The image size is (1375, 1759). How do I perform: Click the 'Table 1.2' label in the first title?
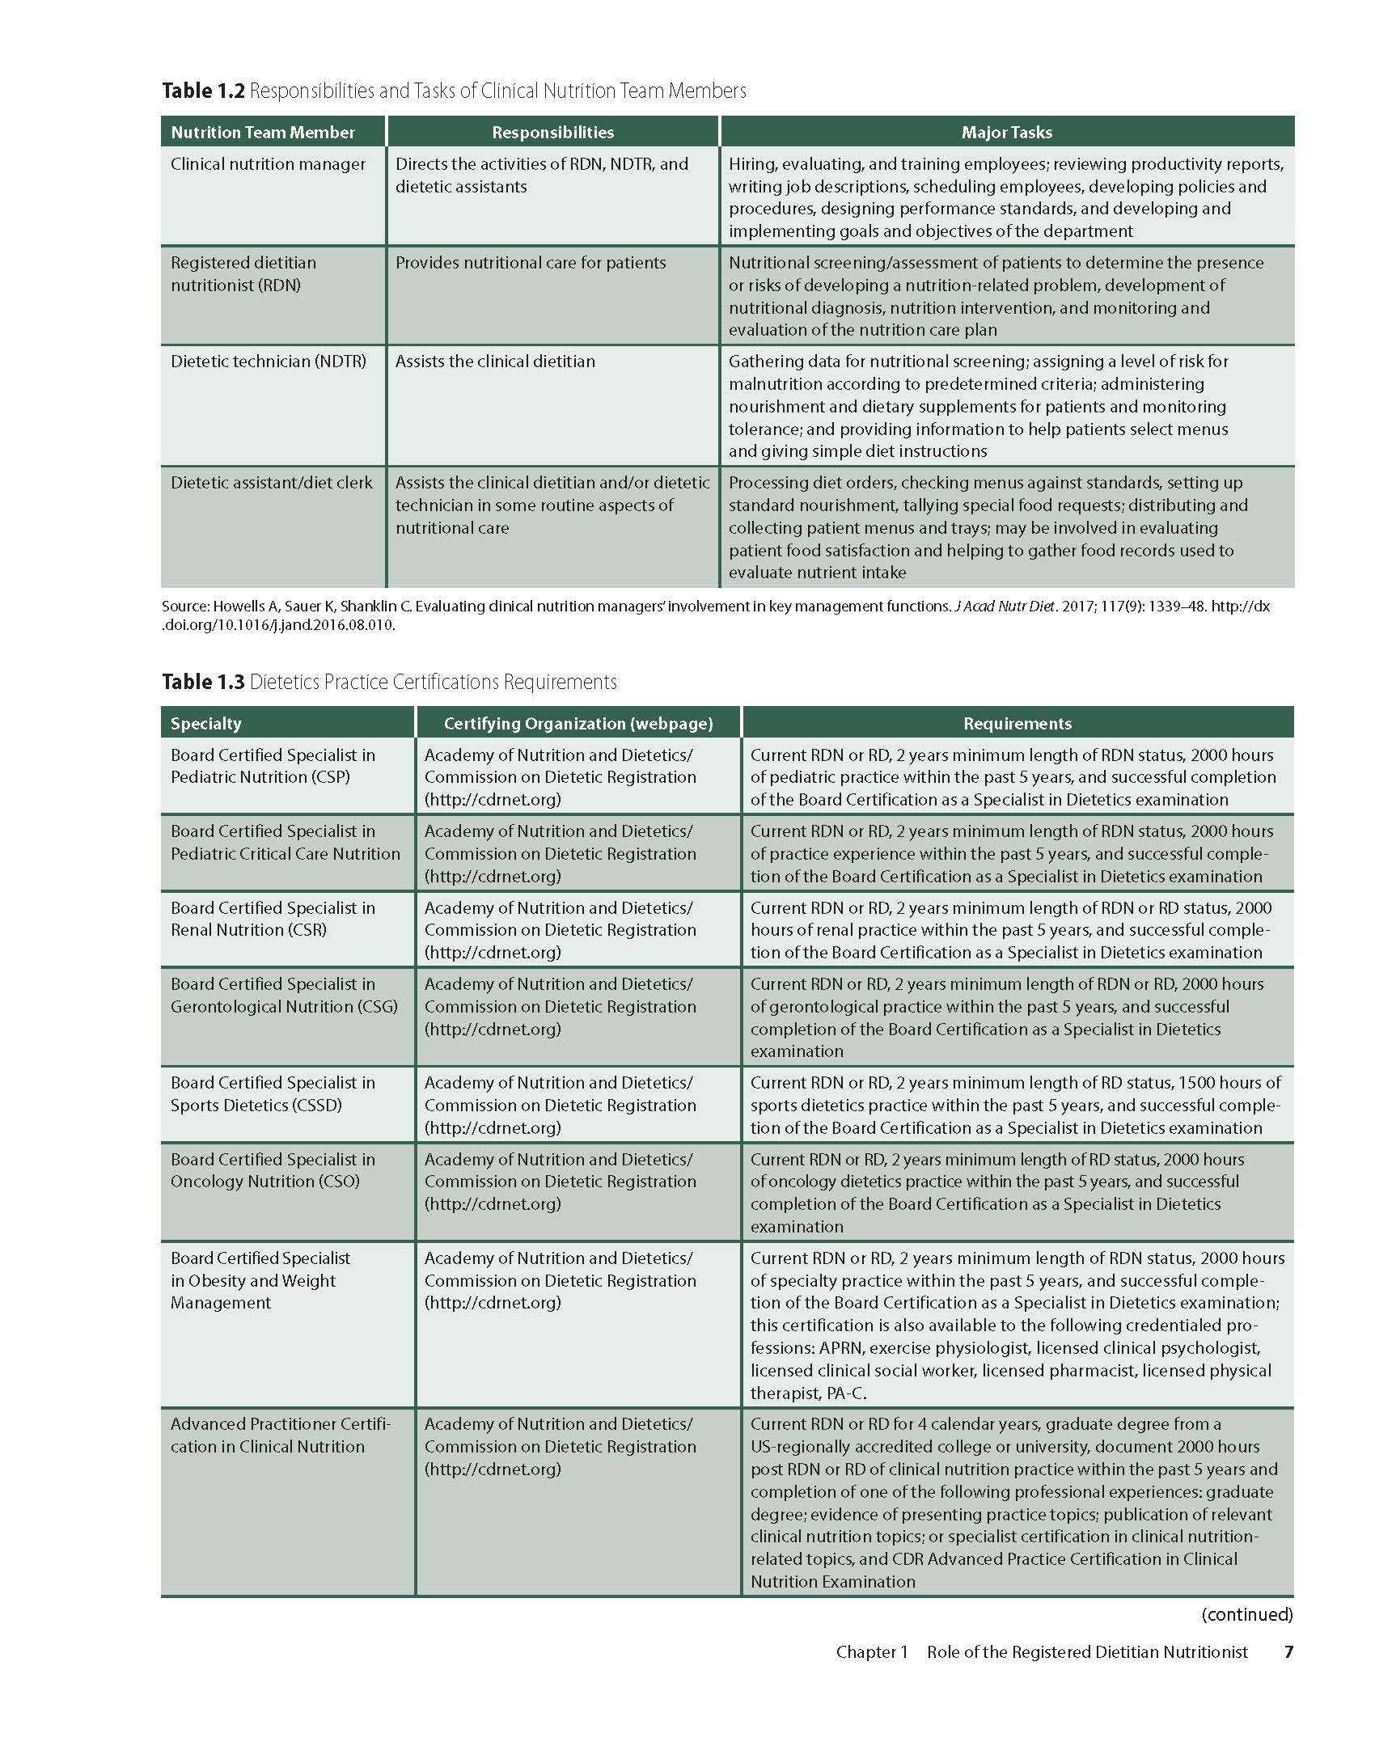coord(202,91)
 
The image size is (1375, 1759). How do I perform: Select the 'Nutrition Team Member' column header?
coord(263,133)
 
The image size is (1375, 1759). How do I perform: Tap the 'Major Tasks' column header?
coord(1006,133)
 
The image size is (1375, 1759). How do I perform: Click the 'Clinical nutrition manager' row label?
coord(268,164)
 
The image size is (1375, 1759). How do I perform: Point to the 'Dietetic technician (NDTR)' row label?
coord(268,362)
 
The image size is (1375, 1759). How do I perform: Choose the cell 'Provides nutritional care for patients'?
coord(531,263)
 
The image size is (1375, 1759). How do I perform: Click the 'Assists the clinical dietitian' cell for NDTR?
coord(495,362)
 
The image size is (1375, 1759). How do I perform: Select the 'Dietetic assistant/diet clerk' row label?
coord(272,483)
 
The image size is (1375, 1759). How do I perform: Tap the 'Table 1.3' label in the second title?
coord(202,682)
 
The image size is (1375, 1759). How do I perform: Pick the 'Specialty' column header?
coord(205,724)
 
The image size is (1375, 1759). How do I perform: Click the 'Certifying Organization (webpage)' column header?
coord(578,724)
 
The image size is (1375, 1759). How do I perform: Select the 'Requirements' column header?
coord(1017,724)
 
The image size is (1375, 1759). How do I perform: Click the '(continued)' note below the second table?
coord(1247,1615)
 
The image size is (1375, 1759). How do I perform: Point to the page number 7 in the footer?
coord(1288,1652)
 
